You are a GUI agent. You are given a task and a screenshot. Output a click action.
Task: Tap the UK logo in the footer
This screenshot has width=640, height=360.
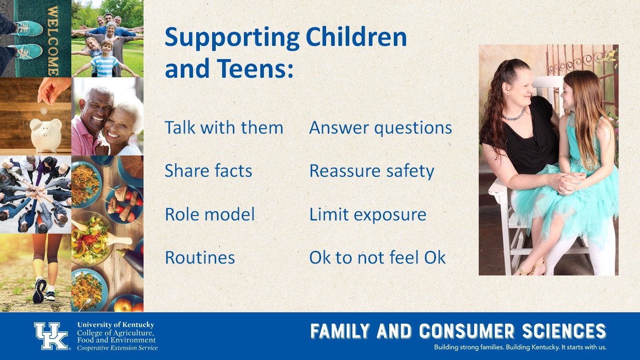tap(51, 336)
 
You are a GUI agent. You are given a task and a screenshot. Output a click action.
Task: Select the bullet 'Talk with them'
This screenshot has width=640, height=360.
tap(224, 128)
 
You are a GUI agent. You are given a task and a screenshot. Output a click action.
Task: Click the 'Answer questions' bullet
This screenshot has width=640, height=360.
tap(381, 128)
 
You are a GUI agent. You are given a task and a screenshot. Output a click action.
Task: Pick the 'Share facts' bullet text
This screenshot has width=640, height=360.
tap(208, 171)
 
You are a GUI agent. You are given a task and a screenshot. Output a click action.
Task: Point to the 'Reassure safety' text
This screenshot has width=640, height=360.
tap(372, 171)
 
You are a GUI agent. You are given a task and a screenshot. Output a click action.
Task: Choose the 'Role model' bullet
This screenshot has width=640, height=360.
tap(210, 214)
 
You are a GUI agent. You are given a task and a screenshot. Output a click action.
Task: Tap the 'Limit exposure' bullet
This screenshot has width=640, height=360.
tap(368, 215)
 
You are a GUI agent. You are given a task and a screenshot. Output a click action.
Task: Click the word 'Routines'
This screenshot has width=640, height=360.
tap(200, 257)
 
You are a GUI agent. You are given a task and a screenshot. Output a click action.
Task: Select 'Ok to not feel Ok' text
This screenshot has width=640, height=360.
tap(377, 257)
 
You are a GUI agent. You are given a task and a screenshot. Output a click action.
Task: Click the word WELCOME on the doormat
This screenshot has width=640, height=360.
tap(53, 40)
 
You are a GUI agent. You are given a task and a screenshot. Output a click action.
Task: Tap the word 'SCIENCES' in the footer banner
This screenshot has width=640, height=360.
tap(564, 331)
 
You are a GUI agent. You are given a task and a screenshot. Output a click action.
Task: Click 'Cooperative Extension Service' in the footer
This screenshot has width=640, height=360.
tap(117, 348)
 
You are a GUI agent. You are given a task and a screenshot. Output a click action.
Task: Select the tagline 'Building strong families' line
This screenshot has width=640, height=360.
tap(520, 347)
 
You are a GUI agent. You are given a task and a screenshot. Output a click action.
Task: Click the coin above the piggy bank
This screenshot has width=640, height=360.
tap(44, 111)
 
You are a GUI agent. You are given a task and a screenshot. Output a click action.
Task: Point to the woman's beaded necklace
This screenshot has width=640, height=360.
tap(514, 115)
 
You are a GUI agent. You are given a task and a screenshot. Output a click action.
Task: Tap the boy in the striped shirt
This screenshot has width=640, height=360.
tap(105, 60)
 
